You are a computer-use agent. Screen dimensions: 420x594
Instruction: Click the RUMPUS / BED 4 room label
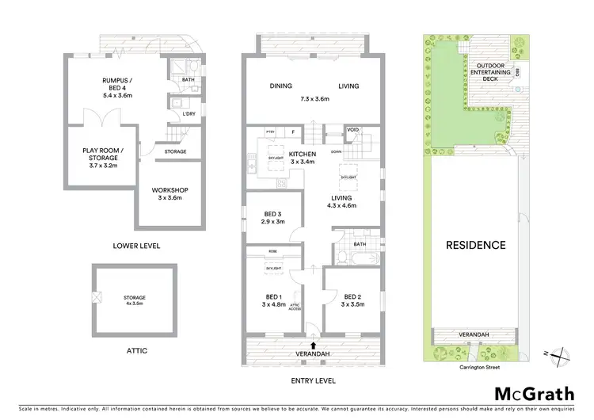[x=116, y=85]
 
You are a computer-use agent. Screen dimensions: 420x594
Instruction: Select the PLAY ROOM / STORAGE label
[x=105, y=154]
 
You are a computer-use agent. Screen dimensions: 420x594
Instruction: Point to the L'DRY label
[x=188, y=115]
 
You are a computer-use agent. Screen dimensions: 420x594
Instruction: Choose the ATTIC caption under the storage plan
[x=135, y=350]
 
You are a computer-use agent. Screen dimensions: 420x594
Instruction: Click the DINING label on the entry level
[x=281, y=86]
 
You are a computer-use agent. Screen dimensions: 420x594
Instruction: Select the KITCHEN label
[x=303, y=154]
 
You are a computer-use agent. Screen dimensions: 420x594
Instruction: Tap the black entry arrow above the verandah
[x=315, y=346]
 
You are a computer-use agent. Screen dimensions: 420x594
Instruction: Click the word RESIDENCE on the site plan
[x=475, y=245]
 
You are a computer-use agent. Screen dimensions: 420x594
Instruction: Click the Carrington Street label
[x=475, y=367]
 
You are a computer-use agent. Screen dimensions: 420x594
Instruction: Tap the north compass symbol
[x=558, y=355]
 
